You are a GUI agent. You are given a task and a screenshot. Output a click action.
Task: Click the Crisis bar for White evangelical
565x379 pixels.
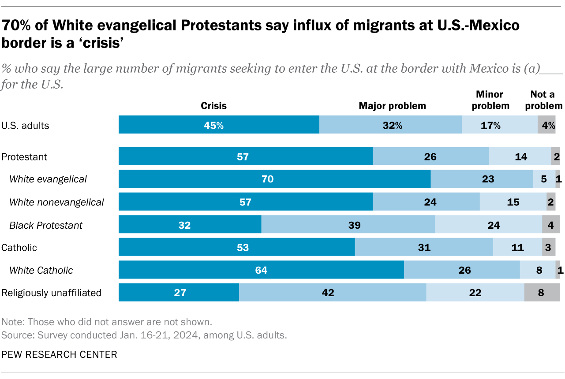click(x=274, y=179)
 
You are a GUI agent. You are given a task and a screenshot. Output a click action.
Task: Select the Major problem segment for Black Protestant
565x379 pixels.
click(x=348, y=225)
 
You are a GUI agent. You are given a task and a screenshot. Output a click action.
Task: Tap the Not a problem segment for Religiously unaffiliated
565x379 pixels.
click(x=542, y=293)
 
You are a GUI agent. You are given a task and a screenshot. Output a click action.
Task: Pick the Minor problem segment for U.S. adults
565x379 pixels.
click(x=499, y=125)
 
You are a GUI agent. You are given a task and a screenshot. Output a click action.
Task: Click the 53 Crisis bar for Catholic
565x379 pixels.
click(x=236, y=247)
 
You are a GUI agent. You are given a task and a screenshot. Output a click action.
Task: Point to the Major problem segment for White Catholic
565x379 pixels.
click(x=462, y=270)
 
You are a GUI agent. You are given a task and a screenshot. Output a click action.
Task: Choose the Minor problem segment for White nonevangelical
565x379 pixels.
click(x=513, y=202)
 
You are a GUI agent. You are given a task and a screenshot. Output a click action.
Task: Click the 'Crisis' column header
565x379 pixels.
click(x=213, y=106)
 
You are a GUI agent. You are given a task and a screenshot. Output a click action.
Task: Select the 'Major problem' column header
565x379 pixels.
click(x=392, y=106)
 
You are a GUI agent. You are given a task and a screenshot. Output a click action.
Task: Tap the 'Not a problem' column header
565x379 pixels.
click(x=546, y=100)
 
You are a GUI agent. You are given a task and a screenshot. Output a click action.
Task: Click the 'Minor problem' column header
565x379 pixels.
click(x=493, y=100)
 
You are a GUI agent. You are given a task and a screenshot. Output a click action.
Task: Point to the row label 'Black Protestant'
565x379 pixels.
click(x=46, y=225)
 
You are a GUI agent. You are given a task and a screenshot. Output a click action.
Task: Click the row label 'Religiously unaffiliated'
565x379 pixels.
click(x=52, y=293)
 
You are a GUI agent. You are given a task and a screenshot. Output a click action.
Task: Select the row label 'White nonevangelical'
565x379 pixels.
click(x=56, y=202)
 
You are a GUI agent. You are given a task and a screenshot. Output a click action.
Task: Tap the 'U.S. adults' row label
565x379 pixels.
click(x=26, y=126)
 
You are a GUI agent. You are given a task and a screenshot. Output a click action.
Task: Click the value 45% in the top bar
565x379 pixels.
click(x=213, y=125)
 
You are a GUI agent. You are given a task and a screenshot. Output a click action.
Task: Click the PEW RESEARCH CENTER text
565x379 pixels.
click(x=60, y=354)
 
